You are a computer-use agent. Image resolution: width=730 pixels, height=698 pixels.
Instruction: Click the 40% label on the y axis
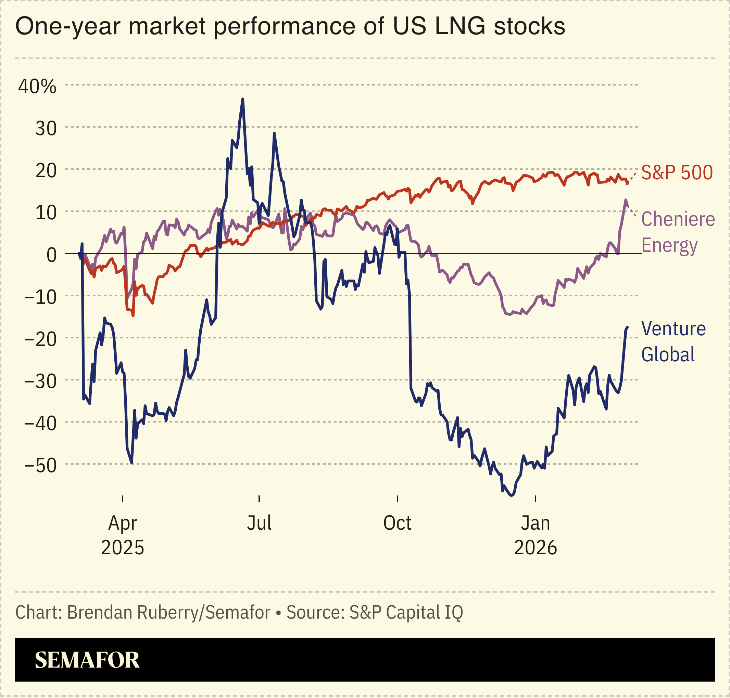tap(37, 87)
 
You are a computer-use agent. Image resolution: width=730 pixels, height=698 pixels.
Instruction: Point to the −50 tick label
tap(41, 465)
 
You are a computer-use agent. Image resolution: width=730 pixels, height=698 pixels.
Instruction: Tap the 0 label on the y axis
tap(52, 255)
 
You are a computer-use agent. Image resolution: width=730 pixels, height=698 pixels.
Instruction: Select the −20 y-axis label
tap(41, 339)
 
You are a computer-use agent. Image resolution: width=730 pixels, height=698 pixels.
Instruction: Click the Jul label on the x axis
tap(259, 523)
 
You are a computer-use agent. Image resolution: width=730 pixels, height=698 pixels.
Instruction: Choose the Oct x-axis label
tap(397, 523)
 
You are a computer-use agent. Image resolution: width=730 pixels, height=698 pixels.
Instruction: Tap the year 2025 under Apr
tap(123, 547)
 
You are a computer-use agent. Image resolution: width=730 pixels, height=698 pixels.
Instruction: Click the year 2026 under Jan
tap(535, 547)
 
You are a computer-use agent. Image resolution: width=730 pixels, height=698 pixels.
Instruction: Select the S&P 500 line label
tap(677, 173)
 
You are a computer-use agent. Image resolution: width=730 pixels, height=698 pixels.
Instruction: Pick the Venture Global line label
tap(673, 341)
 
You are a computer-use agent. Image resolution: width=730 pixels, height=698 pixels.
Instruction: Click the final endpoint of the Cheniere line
tap(628, 205)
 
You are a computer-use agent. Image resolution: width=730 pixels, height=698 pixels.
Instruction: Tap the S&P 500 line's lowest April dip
tap(133, 316)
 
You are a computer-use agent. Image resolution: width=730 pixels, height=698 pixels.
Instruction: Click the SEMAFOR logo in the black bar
tap(87, 660)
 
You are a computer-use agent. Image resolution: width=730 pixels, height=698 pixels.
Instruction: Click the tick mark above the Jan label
tap(535, 499)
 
